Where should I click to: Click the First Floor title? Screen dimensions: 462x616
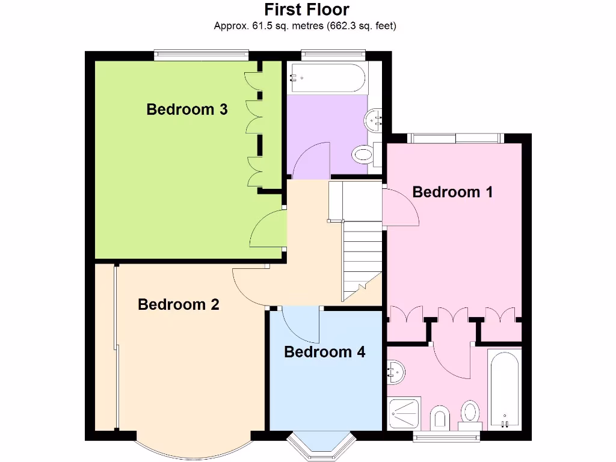(307, 10)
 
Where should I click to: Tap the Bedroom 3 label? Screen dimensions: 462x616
(187, 109)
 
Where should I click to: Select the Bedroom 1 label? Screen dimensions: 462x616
(453, 192)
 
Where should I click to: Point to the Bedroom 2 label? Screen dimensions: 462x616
(179, 304)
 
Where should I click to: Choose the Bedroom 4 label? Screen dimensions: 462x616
(325, 351)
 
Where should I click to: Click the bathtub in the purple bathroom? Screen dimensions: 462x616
(325, 78)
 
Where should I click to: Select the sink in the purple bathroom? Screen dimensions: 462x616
(374, 120)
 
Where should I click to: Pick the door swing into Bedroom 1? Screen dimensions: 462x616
(399, 208)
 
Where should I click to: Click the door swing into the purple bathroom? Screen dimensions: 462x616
(312, 159)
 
